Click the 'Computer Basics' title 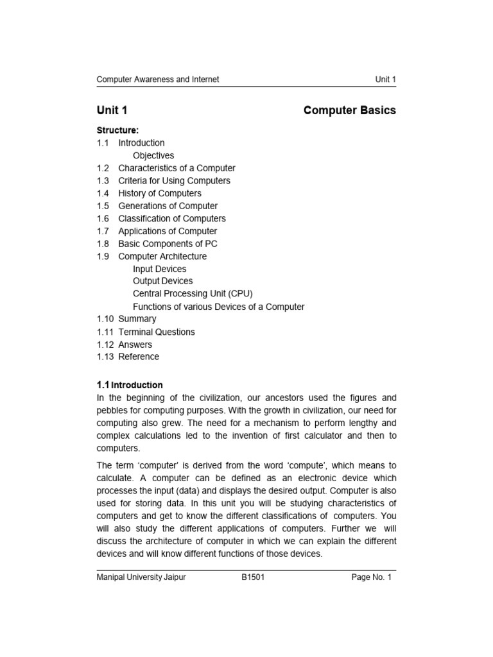click(349, 110)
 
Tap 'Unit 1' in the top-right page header click(385, 80)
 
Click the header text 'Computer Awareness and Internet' click(157, 80)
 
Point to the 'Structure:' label click(117, 130)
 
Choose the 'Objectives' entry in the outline click(153, 155)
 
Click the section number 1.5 click(103, 206)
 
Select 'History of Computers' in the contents click(160, 193)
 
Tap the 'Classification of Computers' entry click(172, 218)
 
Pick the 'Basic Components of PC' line click(168, 244)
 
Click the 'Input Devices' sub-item click(160, 269)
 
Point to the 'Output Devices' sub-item click(162, 281)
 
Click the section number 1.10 click(105, 319)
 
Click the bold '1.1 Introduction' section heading click(130, 385)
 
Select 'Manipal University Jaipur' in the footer click(141, 577)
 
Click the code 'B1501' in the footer click(253, 577)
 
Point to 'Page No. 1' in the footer click(371, 577)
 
